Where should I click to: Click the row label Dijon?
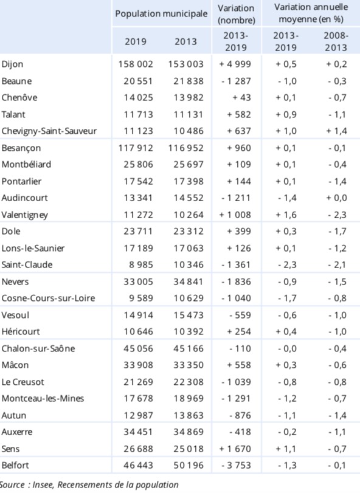12,64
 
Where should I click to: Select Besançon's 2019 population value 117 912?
136,148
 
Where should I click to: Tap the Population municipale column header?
161,14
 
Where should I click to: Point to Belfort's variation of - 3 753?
236,465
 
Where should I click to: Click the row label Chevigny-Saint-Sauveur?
49,131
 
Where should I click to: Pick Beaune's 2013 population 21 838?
189,81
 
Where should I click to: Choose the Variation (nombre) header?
236,14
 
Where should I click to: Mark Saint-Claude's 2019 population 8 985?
141,264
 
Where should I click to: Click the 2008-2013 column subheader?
336,41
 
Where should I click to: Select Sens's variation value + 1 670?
235,449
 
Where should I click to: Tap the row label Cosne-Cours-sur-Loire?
48,298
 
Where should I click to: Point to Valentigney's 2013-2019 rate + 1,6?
286,215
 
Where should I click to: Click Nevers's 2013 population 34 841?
189,281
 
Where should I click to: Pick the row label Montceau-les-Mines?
43,398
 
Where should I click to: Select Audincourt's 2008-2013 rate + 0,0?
336,198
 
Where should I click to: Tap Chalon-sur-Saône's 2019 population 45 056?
138,348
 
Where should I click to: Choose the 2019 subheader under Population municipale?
136,41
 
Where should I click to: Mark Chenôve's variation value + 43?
242,97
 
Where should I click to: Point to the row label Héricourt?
21,332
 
